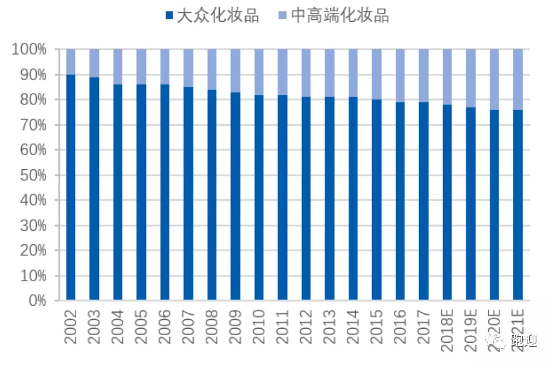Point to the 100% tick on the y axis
point(29,49)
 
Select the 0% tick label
point(35,301)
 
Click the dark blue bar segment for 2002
point(71,187)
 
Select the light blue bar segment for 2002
point(71,62)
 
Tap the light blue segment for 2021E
point(518,79)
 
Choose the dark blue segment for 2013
point(330,199)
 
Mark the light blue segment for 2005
point(141,67)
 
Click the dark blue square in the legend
point(170,16)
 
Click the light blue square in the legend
point(283,16)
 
